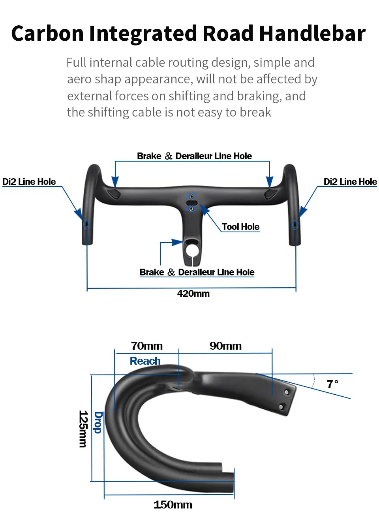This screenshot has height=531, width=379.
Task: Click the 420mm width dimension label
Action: click(193, 294)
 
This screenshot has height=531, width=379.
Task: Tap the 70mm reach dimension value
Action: click(146, 346)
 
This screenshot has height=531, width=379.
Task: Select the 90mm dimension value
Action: click(225, 346)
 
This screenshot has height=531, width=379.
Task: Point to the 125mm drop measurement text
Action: click(83, 429)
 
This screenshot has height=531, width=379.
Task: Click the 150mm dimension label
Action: click(173, 505)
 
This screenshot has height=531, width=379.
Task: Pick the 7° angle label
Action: click(332, 384)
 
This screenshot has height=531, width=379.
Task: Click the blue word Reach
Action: click(145, 361)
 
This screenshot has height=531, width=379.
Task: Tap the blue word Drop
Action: click(98, 422)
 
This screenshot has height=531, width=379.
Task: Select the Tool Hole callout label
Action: click(241, 227)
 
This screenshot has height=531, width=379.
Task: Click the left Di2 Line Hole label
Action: click(29, 182)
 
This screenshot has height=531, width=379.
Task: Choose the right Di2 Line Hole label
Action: click(350, 182)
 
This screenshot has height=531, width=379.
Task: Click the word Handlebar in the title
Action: click(312, 34)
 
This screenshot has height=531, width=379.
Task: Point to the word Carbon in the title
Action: click(47, 34)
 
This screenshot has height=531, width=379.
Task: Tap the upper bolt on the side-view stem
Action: click(287, 392)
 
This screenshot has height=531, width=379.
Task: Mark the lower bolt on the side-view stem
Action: click(281, 407)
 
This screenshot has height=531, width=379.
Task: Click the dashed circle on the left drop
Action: click(86, 224)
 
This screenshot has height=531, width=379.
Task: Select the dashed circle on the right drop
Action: click(295, 224)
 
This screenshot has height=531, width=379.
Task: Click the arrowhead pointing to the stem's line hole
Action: click(177, 242)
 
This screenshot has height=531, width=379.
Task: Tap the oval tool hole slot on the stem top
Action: click(192, 203)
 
